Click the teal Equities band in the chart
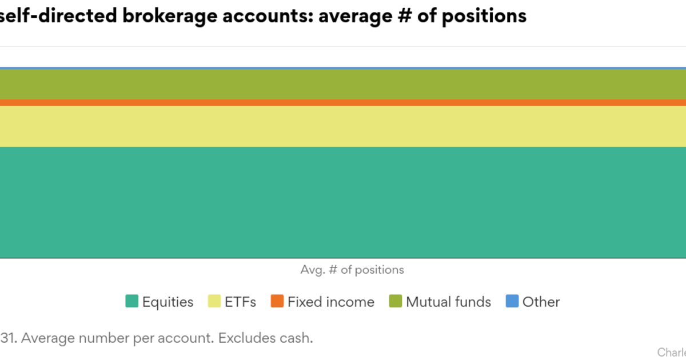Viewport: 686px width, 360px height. point(343,203)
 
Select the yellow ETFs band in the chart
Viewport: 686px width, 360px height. point(343,126)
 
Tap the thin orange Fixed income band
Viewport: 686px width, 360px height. point(343,102)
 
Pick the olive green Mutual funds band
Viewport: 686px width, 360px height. point(343,84)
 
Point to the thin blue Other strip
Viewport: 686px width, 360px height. point(343,68)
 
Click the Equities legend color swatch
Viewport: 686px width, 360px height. point(132,301)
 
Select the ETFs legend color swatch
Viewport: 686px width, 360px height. point(214,301)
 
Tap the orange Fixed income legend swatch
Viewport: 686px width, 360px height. point(277,301)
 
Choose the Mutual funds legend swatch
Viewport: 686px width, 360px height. point(396,301)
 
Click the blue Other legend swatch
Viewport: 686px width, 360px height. point(512,301)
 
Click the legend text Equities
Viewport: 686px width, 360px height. point(167,302)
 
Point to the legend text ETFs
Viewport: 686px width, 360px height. point(241,302)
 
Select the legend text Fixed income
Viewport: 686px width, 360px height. point(331,302)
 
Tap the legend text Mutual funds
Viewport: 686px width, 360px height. point(448,302)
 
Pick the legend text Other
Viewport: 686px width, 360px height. point(541,302)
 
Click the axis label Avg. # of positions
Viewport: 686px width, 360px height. point(352,270)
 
